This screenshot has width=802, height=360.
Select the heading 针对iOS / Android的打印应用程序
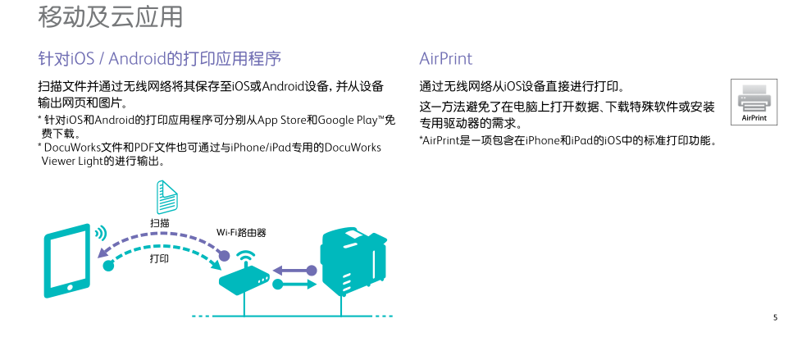pos(159,59)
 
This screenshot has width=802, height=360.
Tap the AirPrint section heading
pos(445,59)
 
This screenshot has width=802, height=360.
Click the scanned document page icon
pos(167,198)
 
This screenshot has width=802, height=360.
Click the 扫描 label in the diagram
pos(160,223)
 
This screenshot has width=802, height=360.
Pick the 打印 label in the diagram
pos(159,259)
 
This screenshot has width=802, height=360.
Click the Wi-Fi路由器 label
pos(241,233)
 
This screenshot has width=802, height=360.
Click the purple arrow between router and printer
pos(294,271)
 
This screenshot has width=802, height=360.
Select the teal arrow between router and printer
pos(294,285)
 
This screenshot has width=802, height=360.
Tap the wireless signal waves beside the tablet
pos(100,233)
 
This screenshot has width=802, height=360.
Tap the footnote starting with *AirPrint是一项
pos(568,141)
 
